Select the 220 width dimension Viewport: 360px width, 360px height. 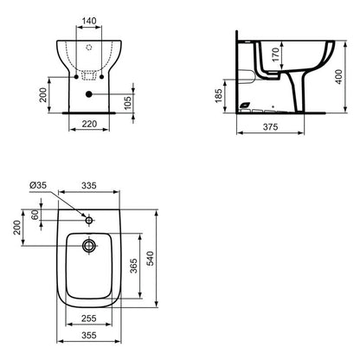pyautogui.click(x=87, y=123)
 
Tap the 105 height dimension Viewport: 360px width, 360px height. pyautogui.click(x=129, y=105)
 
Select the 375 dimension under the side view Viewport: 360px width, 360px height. pyautogui.click(x=269, y=125)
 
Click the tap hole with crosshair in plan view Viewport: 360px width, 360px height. pyautogui.click(x=87, y=219)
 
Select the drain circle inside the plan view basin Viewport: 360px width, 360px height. pyautogui.click(x=87, y=246)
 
